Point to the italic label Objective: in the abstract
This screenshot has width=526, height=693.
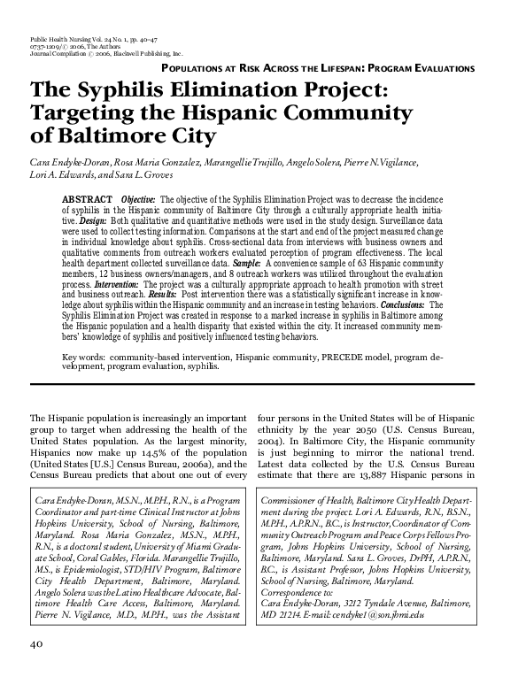point(138,201)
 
